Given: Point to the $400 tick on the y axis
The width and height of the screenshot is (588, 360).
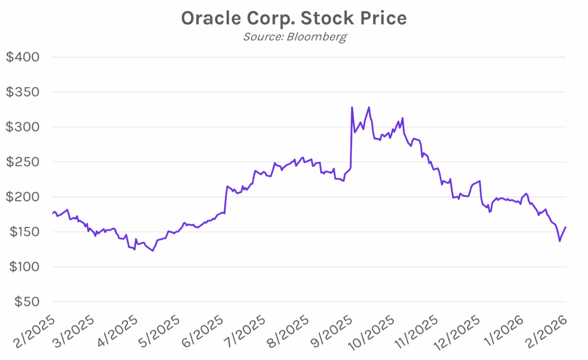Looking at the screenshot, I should tap(22, 57).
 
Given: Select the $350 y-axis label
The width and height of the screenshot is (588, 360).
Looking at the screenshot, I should tap(22, 92).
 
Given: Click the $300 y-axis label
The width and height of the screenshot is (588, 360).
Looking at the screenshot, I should tap(22, 127).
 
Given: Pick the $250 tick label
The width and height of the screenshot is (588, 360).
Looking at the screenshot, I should tap(22, 162).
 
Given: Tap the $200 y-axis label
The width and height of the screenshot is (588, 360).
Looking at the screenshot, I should tap(22, 198).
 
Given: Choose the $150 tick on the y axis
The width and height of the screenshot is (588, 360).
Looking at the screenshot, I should tap(22, 233).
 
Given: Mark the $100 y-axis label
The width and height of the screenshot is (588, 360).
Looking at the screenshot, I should tap(22, 268).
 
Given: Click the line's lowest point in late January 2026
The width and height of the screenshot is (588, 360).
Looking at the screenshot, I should tap(560, 241).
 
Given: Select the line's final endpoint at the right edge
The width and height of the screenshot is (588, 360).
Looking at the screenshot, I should tap(566, 227).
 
